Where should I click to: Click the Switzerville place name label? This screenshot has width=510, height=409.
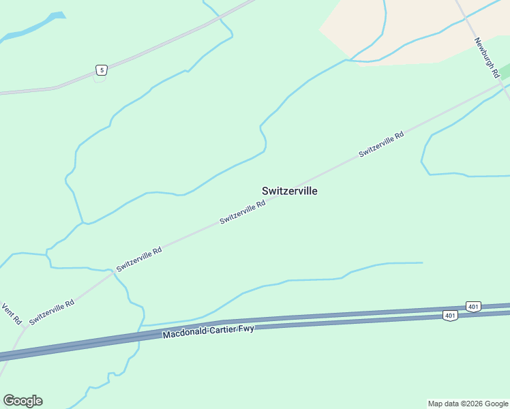tap(289, 192)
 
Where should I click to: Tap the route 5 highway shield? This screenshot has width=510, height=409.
tap(101, 70)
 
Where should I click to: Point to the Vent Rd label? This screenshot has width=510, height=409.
tap(12, 314)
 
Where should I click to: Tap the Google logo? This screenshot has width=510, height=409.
tap(22, 401)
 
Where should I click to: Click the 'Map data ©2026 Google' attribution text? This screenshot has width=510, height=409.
tap(468, 404)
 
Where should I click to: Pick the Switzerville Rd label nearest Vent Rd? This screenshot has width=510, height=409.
tap(51, 312)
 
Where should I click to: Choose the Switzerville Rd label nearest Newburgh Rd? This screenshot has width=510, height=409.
tap(381, 144)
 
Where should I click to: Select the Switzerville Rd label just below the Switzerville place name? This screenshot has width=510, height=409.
tap(242, 213)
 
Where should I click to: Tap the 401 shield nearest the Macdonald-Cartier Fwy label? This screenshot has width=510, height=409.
tap(449, 316)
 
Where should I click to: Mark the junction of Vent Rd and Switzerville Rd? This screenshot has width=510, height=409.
tap(25, 328)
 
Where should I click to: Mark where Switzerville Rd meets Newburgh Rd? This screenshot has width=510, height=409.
tap(503, 84)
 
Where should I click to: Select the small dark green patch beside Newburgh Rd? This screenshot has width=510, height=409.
tap(505, 70)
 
